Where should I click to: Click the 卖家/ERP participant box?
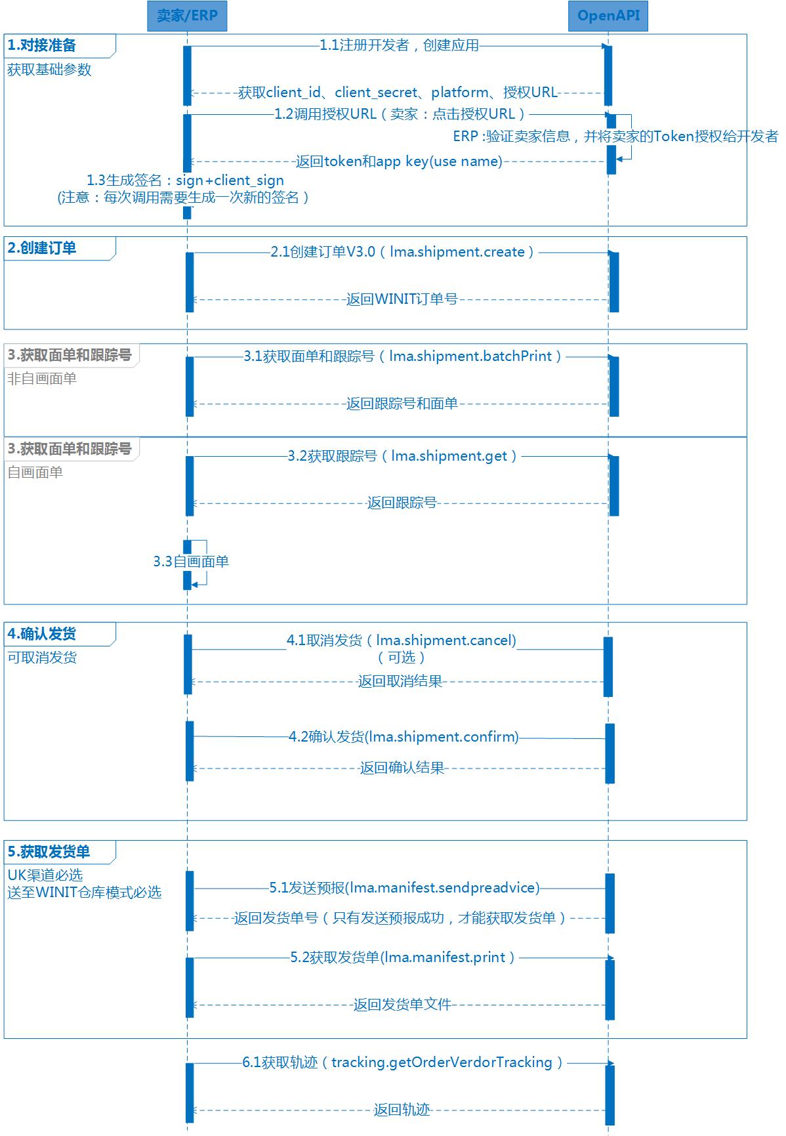(187, 16)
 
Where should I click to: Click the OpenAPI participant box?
(608, 16)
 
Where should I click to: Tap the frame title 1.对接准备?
(42, 45)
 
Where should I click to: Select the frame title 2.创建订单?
(42, 248)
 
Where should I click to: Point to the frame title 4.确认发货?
(42, 634)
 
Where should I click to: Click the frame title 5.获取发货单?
(49, 852)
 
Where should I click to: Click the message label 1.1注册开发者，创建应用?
(400, 45)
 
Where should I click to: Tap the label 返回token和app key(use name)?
(399, 161)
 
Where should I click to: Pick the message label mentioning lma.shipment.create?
(402, 252)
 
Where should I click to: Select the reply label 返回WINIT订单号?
(402, 299)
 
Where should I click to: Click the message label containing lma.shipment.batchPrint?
(403, 356)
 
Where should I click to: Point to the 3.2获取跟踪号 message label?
(402, 456)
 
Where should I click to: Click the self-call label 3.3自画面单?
(191, 562)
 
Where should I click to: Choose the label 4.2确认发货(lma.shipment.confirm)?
(403, 737)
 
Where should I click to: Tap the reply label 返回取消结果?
(400, 681)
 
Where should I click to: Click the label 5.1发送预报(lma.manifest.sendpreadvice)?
(404, 888)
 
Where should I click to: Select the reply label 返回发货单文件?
(402, 1005)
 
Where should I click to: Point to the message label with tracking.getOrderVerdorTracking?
(402, 1062)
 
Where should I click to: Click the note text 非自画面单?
(42, 379)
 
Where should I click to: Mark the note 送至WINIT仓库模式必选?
(84, 893)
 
